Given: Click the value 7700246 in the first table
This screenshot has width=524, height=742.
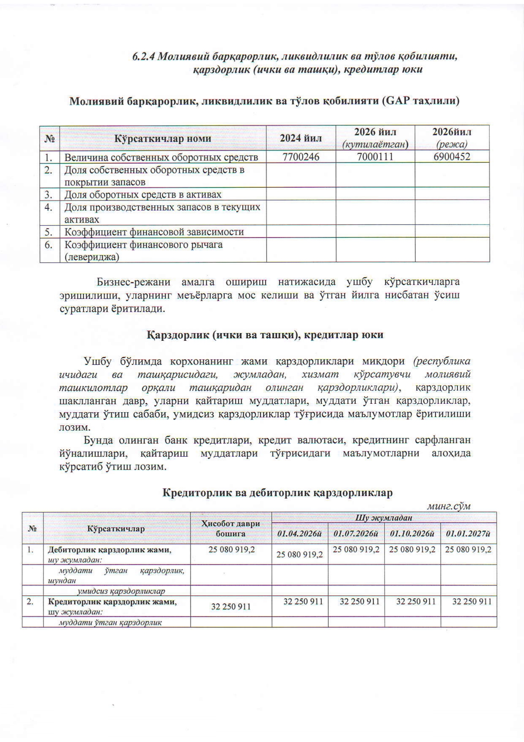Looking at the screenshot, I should pyautogui.click(x=301, y=157).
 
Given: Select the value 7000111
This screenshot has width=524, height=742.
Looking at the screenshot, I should pyautogui.click(x=375, y=157).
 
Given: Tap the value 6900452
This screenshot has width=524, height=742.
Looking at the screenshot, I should pyautogui.click(x=452, y=157).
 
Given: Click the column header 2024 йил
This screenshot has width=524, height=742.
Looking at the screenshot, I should pyautogui.click(x=301, y=138).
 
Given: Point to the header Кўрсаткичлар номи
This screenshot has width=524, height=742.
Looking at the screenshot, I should pyautogui.click(x=163, y=138).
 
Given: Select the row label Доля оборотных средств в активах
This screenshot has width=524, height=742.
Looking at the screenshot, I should pyautogui.click(x=143, y=194).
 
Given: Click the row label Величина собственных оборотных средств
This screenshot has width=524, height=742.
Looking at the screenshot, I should pyautogui.click(x=161, y=157).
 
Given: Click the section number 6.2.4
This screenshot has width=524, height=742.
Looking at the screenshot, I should pyautogui.click(x=144, y=57).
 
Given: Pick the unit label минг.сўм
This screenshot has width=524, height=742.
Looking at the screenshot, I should pyautogui.click(x=449, y=506).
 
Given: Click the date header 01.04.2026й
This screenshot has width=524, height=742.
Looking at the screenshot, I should pyautogui.click(x=300, y=534).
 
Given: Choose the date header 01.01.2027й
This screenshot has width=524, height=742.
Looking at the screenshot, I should pyautogui.click(x=468, y=534).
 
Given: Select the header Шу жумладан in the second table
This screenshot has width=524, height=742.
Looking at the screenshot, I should pyautogui.click(x=384, y=517).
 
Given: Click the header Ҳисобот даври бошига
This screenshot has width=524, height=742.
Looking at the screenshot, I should pyautogui.click(x=231, y=528).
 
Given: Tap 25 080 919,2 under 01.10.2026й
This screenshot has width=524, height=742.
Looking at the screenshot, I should pyautogui.click(x=412, y=550).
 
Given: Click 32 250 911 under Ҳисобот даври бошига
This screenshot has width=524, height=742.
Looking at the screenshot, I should pyautogui.click(x=231, y=607).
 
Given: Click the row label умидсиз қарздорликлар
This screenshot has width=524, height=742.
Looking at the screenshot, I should pyautogui.click(x=120, y=591).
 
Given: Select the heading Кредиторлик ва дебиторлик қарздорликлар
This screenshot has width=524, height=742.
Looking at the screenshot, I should pyautogui.click(x=278, y=493).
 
